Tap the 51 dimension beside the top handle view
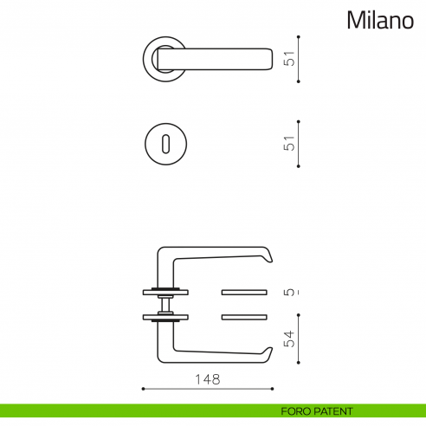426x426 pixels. coord(291,59)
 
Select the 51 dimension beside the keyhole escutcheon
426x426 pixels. coord(291,142)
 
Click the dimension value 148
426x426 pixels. coord(208,379)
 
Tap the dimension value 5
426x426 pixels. coord(291,292)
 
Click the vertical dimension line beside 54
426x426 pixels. coord(299,340)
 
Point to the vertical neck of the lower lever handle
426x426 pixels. coord(162,339)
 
